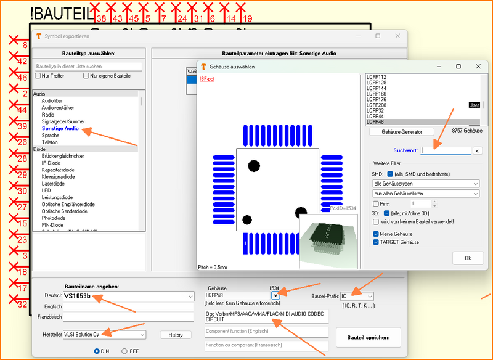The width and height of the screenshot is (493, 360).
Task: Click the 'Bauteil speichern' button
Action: [x=368, y=337]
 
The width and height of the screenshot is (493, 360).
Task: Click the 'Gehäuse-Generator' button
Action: [x=400, y=131]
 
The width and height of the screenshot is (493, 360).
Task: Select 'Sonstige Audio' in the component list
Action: [x=60, y=128]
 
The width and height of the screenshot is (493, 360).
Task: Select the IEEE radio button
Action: [x=125, y=351]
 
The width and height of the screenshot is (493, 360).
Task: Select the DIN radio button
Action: [x=97, y=351]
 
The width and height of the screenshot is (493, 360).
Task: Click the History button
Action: [x=175, y=335]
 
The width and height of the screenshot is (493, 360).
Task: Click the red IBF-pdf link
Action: [x=207, y=79]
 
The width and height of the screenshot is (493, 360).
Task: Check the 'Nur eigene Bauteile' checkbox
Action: [x=87, y=76]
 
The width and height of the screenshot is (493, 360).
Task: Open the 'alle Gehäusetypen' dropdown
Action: [x=425, y=184]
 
